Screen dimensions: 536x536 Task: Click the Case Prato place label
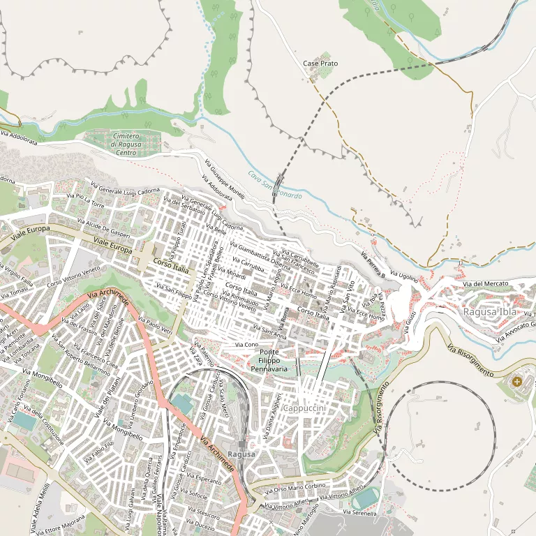click(x=320, y=64)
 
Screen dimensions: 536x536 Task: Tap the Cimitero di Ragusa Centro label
click(x=126, y=144)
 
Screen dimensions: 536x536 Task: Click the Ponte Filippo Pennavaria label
click(x=269, y=360)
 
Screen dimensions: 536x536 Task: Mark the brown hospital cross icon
click(x=516, y=382)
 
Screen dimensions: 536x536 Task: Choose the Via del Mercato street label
click(x=486, y=283)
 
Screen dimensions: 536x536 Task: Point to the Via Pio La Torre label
click(x=85, y=202)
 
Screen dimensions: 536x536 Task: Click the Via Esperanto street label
click(x=203, y=479)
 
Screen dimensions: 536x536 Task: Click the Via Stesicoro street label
click(x=204, y=516)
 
